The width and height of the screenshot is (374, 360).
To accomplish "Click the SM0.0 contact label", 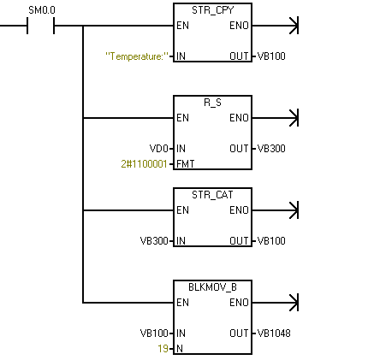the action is coord(42,10).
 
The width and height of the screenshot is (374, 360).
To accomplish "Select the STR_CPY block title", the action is coord(213,10).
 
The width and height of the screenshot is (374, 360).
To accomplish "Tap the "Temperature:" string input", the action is coord(137,56).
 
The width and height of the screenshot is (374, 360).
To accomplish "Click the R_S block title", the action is coord(213,103).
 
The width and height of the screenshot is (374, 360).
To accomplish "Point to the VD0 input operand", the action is coord(159,149).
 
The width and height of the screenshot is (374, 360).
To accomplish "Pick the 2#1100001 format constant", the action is coord(144,164).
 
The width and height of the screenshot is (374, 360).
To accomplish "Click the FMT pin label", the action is coord(186,164).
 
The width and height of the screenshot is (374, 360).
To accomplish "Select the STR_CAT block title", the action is coord(212,195).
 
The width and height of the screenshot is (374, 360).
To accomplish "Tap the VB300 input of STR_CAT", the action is coord(154,241).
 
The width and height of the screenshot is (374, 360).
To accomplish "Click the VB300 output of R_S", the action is coord(271,149).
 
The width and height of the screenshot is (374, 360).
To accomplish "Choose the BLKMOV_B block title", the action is coord(213,287).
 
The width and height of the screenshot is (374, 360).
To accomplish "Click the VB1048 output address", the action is coord(274,333).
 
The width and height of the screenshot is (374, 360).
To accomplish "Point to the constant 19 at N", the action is coord(163,349).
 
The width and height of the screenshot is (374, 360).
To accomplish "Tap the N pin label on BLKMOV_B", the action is coord(180,349).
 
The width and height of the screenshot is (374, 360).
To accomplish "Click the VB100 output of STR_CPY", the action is coord(271,56).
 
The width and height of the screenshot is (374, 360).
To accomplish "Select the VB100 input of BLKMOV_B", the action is coord(154,333).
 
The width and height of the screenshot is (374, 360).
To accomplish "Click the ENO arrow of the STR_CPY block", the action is coord(276,26).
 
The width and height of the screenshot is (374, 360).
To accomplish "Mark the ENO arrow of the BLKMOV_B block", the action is coord(276,303).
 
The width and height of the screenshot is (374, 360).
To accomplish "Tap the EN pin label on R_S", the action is coord(182,118).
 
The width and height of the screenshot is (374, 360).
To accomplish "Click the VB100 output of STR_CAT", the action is coord(271,241).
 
